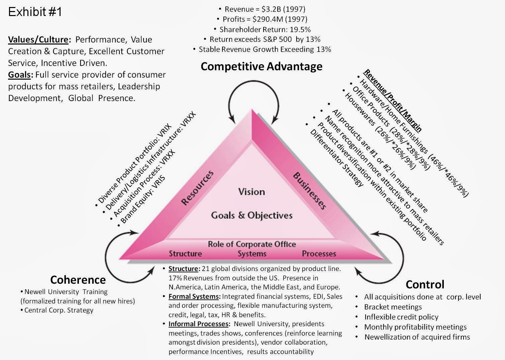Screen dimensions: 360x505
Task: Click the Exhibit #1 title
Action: point(35,12)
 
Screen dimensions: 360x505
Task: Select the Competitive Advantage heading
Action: point(261,66)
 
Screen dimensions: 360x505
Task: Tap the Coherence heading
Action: point(78,279)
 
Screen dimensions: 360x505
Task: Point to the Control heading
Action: point(425,284)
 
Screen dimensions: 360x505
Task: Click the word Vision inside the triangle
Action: point(251,192)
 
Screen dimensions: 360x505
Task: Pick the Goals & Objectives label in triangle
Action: point(251,215)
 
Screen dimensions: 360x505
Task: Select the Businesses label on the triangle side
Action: point(310,191)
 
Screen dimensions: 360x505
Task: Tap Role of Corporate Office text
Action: point(251,244)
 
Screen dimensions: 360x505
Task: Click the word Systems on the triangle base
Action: point(251,254)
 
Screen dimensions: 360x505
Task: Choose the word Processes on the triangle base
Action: point(319,254)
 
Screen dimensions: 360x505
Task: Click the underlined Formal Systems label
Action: point(194,296)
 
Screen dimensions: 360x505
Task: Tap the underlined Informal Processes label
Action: point(199,324)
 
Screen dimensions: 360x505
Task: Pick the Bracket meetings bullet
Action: point(393,307)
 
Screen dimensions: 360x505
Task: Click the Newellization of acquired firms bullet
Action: point(417,337)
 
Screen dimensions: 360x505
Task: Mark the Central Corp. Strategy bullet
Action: point(59,310)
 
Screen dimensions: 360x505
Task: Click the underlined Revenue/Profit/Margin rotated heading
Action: point(393,100)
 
